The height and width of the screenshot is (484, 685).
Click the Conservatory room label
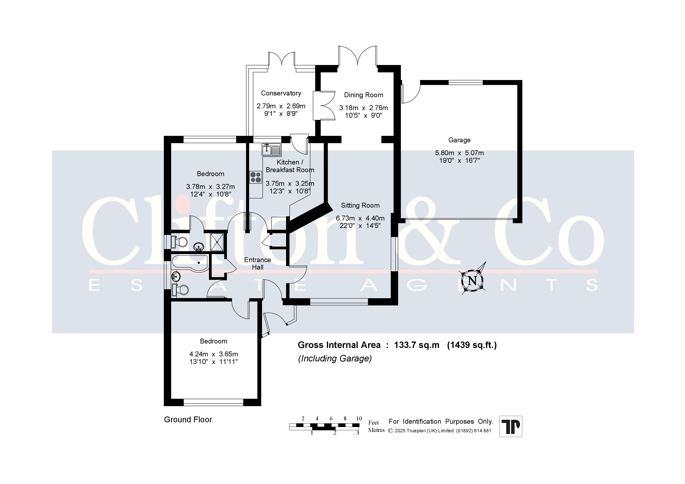281,93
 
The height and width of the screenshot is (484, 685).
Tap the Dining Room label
363,95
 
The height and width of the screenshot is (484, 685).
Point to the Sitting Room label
360,206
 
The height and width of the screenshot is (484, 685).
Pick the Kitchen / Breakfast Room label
290,166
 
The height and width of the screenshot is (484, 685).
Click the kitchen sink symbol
271,150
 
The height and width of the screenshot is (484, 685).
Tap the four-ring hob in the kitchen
256,177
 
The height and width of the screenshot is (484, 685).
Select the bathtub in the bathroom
190,263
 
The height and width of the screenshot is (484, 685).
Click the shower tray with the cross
217,242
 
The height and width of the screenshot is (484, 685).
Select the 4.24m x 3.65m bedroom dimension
214,354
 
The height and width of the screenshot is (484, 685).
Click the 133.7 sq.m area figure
417,345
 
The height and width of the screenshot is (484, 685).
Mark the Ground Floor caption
188,420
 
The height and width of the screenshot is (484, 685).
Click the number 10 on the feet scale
359,418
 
